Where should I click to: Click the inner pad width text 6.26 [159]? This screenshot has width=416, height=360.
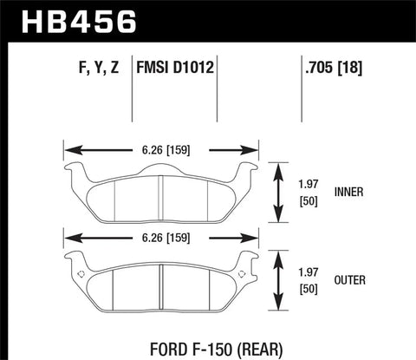(x=162, y=149)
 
